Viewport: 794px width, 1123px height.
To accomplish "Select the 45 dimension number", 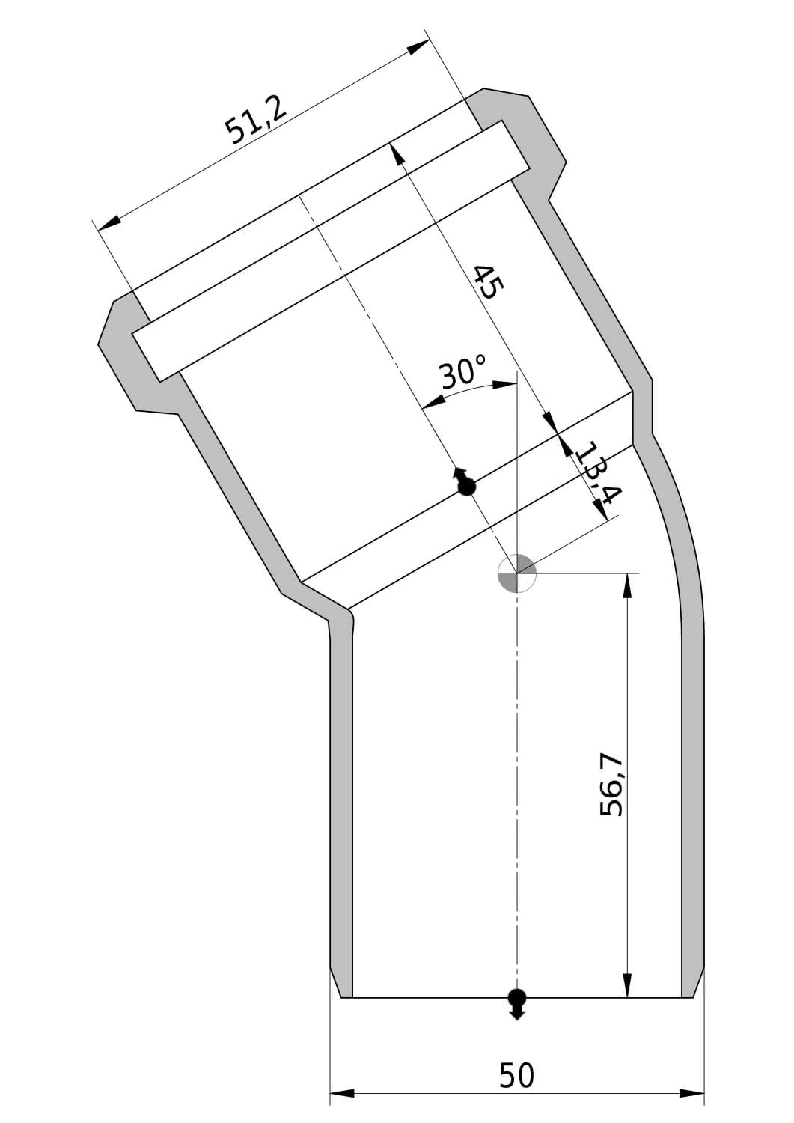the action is tap(488, 281).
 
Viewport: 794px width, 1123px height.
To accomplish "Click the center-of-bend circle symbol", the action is tap(517, 573).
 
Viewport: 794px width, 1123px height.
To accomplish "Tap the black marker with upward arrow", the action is tap(465, 483).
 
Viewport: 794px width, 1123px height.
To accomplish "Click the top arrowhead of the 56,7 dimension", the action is tap(626, 585).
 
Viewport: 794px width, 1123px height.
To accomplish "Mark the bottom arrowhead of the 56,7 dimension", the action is tap(626, 984).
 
